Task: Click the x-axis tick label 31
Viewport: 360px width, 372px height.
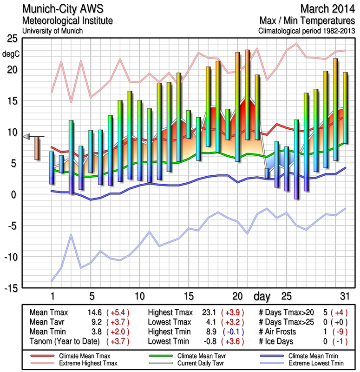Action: point(345,296)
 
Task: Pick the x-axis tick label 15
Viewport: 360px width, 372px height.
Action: point(189,296)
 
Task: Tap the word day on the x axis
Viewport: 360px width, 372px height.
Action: point(262,296)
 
